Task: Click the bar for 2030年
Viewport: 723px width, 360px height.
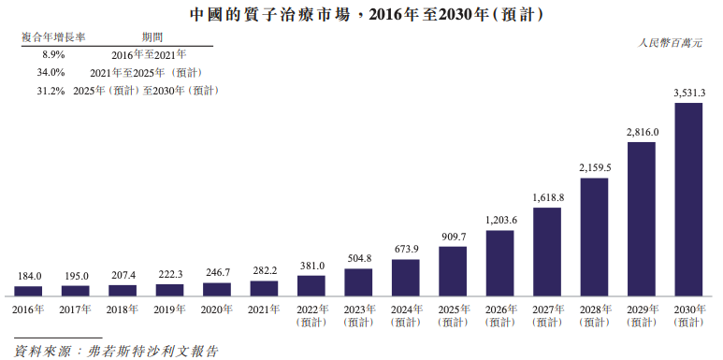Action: (688, 199)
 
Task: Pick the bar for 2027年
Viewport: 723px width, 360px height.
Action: (547, 252)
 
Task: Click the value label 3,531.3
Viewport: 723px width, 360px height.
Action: (688, 92)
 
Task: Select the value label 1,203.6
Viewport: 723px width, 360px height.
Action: (500, 220)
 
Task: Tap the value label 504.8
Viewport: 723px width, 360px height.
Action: (358, 259)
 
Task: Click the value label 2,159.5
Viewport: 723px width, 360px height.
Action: (595, 167)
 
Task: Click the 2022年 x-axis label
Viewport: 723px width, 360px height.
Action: (311, 314)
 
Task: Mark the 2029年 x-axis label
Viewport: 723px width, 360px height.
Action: (642, 314)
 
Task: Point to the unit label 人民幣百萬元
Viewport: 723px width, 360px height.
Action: (672, 43)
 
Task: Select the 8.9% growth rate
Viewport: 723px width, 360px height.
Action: (52, 55)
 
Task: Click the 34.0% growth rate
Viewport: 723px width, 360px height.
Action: (51, 73)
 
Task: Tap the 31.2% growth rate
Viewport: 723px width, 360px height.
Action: (51, 91)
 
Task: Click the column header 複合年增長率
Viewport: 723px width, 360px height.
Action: (53, 37)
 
